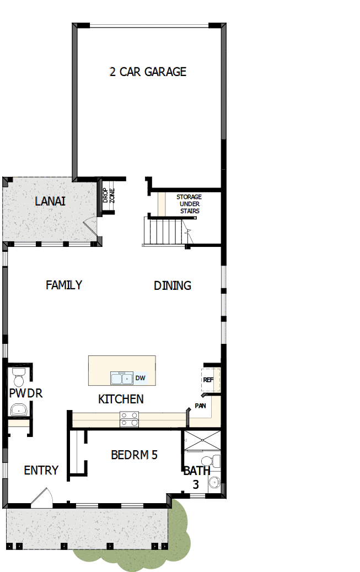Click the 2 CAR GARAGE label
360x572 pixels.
point(148,72)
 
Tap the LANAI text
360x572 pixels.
point(50,201)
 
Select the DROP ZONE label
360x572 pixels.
point(108,196)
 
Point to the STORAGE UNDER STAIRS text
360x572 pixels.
point(189,204)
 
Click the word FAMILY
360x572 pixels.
point(64,285)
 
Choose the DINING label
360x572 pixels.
point(173,285)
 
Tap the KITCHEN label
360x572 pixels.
point(121,399)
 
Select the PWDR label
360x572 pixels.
point(25,393)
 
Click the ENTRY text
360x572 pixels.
point(41,470)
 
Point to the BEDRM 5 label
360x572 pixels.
point(135,455)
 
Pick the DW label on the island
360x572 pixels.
point(140,378)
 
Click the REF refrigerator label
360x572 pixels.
point(208,380)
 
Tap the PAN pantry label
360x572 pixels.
point(200,406)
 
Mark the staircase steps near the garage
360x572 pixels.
point(165,230)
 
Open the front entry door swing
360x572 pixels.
point(42,498)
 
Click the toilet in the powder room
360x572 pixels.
point(18,379)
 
